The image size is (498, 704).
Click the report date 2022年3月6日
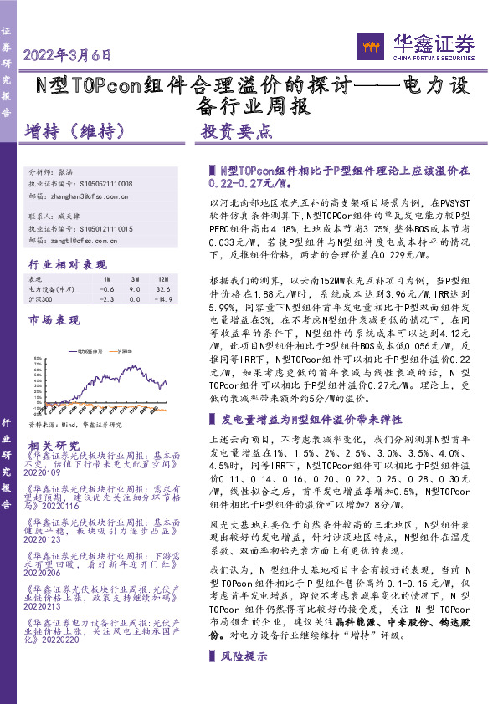pos(72,56)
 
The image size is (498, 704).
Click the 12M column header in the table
pos(162,278)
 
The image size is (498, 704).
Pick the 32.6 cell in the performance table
pos(162,288)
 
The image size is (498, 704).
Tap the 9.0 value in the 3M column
pos(133,288)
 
